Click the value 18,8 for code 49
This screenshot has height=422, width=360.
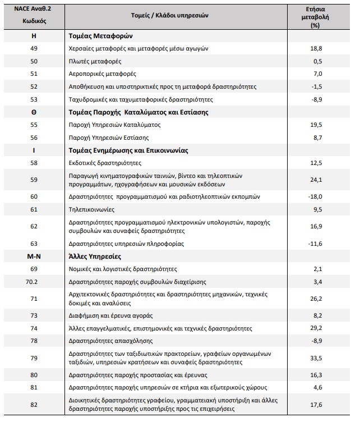(x=317, y=48)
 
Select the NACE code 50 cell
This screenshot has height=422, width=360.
(x=33, y=61)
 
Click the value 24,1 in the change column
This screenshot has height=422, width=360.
(x=317, y=180)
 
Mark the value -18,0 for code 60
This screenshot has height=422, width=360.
(x=317, y=196)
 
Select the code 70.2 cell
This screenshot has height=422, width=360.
(x=33, y=281)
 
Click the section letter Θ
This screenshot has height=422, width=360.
(x=33, y=112)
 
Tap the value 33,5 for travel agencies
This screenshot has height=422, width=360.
(x=317, y=358)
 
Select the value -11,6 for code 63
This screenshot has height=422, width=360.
(x=317, y=244)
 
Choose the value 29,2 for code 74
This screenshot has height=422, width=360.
(x=317, y=328)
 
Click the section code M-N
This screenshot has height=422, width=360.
(x=33, y=256)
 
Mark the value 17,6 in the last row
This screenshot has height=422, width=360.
(x=317, y=405)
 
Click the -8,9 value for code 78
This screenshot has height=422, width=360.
(x=317, y=341)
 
